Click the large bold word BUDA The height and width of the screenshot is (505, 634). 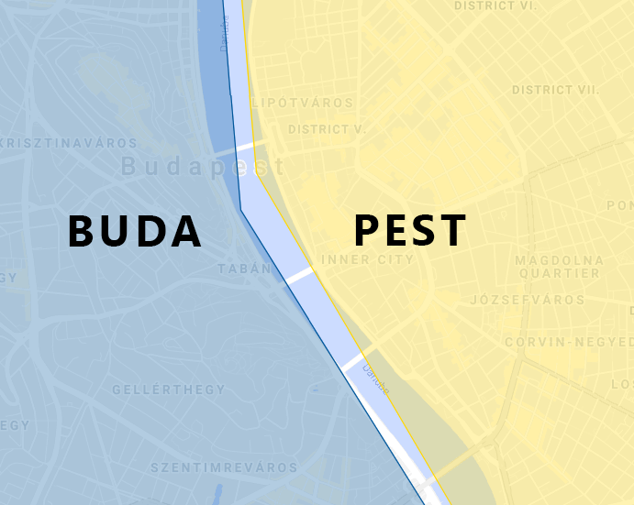pos(135,231)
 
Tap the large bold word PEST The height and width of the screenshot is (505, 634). pos(410,231)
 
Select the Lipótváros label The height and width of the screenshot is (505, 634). pos(302,103)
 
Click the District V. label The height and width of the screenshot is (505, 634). pos(327,129)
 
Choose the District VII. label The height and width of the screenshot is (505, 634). pos(555,90)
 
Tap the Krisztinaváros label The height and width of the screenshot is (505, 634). pos(69,144)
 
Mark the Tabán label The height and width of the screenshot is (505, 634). pos(245,269)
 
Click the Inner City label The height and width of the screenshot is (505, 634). pos(368,260)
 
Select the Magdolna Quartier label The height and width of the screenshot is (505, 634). pos(558,267)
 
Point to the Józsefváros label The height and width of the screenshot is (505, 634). pos(527,301)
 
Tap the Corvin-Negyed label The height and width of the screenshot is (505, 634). pos(569,342)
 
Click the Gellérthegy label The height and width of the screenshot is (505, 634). pos(169,390)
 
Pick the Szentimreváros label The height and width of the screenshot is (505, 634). pos(225,467)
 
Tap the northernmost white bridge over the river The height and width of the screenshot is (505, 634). pos(245,147)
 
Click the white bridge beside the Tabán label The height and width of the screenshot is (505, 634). pos(299,273)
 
